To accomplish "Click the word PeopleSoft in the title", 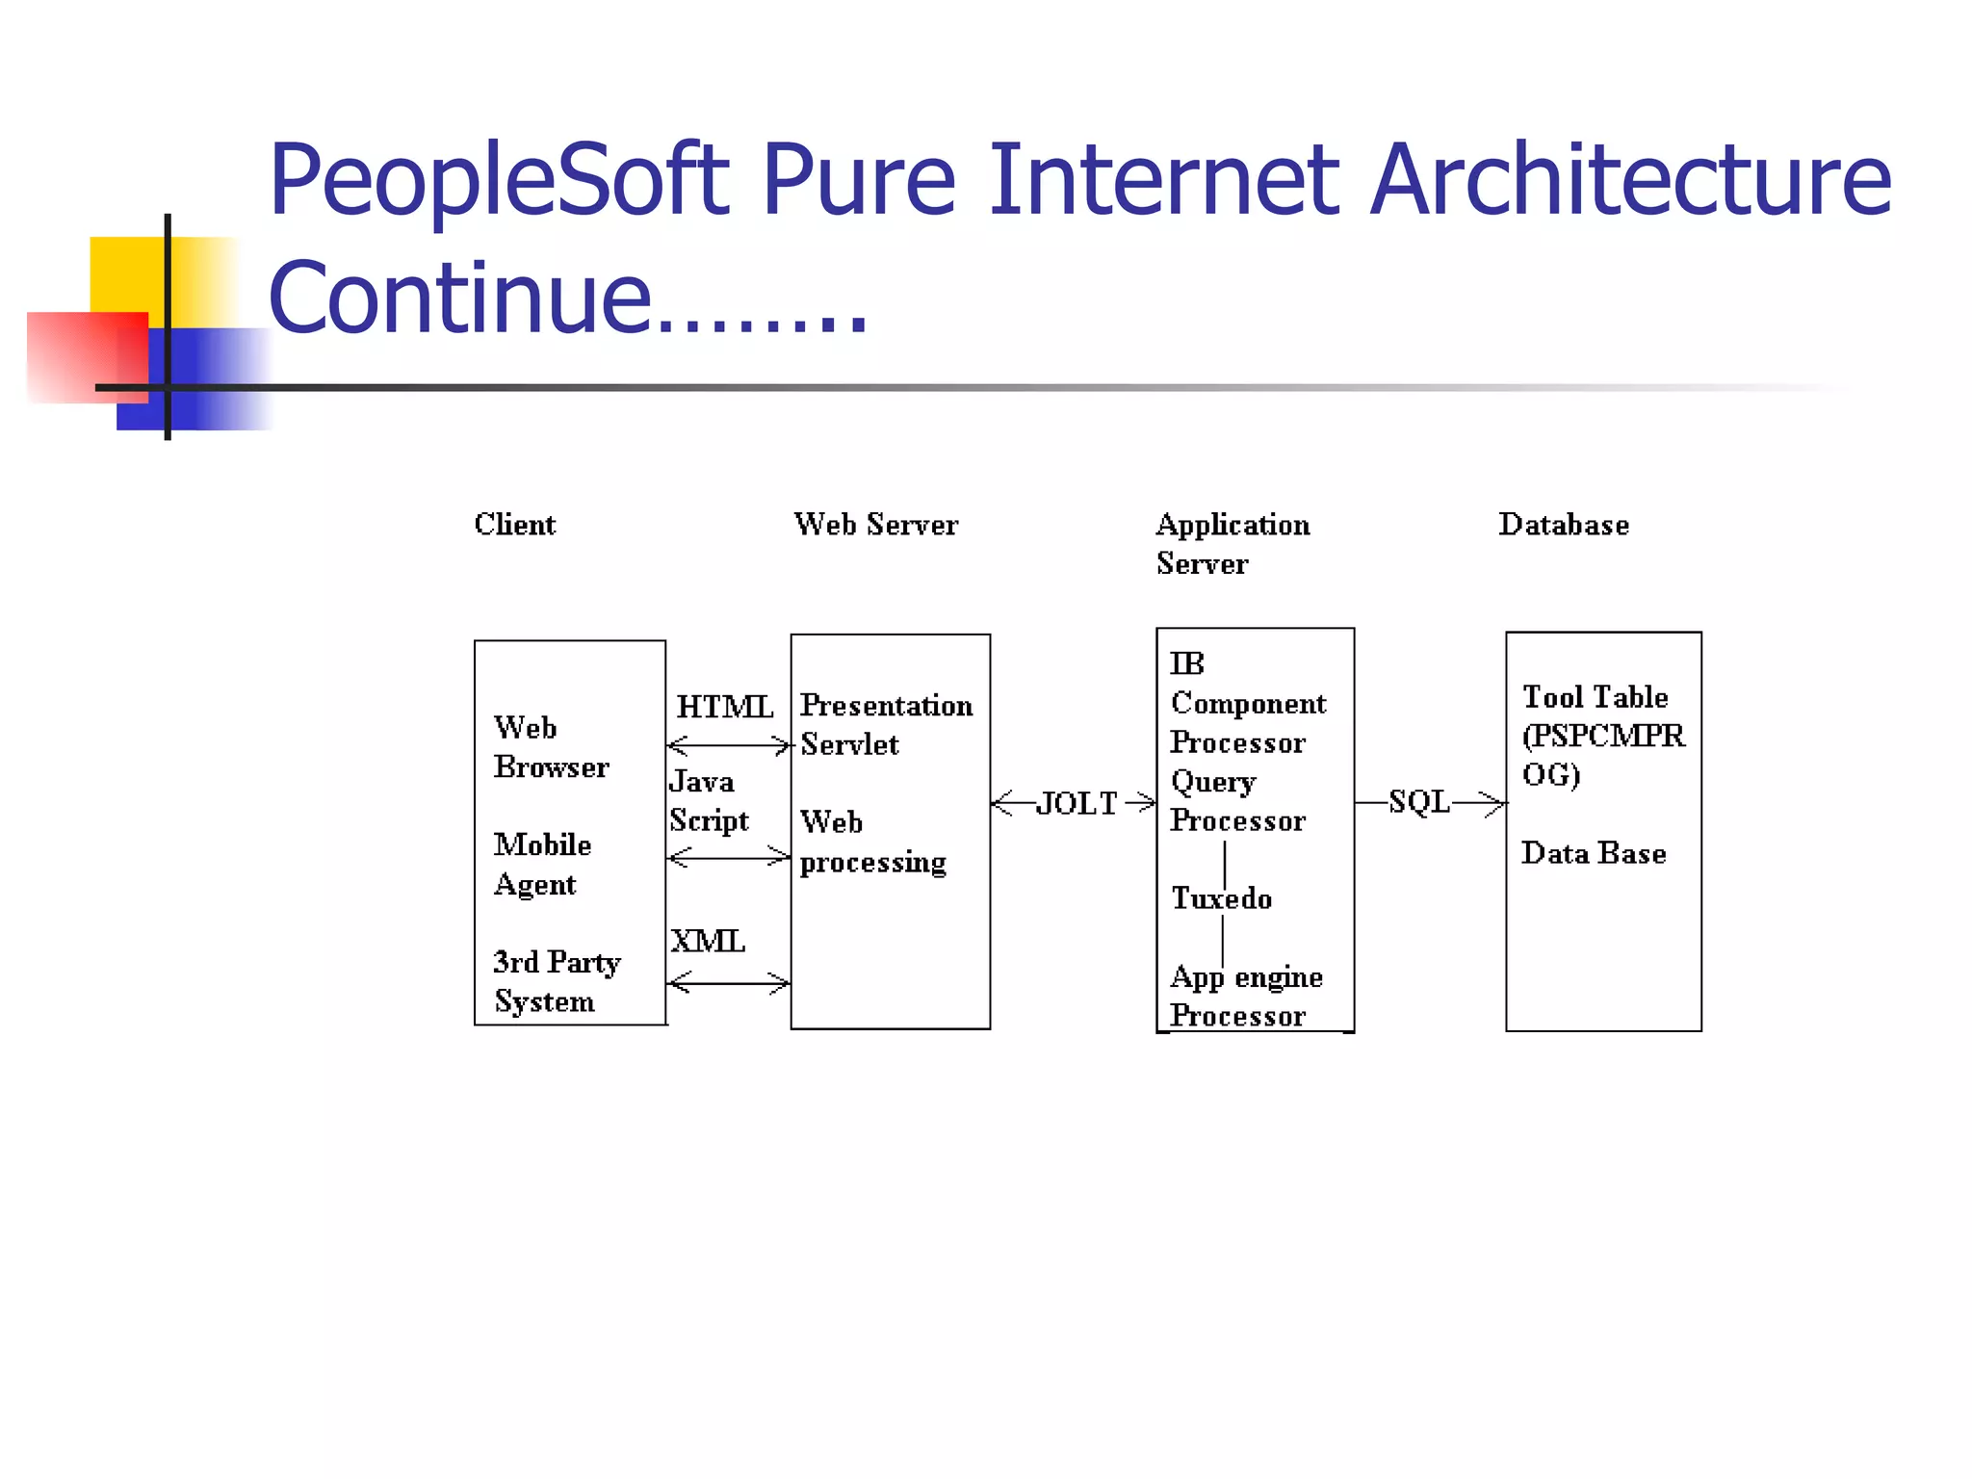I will [499, 181].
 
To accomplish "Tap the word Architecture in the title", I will [1629, 181].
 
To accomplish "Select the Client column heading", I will [514, 525].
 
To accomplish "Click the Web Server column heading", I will [875, 525].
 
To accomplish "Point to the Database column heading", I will [1563, 525].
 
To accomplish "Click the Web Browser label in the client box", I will [550, 747].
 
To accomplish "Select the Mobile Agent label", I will [542, 864].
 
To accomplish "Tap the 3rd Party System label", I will [557, 981].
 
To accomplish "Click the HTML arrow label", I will [724, 707].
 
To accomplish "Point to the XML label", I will [708, 941].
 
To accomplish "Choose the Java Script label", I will [708, 800].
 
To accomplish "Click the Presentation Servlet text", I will [886, 724].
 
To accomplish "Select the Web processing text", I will [872, 842].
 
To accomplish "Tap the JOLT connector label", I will [1076, 803].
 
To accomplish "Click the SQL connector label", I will [1418, 801].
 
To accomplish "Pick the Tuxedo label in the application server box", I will [1221, 898].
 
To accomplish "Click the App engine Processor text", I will [1246, 996].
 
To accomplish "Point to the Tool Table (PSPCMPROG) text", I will [1602, 736].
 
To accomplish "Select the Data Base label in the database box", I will [1593, 853].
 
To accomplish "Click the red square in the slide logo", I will [87, 356].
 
